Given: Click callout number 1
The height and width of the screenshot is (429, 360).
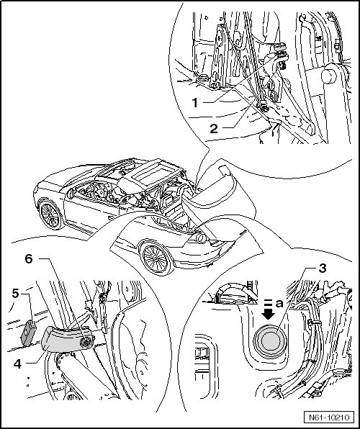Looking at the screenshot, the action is point(195,103).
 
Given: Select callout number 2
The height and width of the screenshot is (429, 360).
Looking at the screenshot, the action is point(214,129).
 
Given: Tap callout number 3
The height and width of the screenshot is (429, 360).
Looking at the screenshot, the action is point(323,268).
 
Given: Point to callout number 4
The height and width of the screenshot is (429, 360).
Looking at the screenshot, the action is point(17,364).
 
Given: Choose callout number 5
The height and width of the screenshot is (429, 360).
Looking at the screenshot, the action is point(15,294).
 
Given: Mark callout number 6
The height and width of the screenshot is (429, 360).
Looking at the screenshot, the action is point(29,258).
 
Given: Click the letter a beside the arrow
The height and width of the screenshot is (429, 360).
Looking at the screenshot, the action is point(279,303).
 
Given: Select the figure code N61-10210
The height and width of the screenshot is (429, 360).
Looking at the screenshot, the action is point(329,417).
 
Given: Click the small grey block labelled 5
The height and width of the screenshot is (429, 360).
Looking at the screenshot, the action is point(29,333).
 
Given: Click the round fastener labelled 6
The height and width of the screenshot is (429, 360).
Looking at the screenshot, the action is point(86,342).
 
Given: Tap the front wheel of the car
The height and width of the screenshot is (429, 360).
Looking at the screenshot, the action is point(50,214).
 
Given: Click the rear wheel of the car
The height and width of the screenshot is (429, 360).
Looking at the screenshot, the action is point(155,258).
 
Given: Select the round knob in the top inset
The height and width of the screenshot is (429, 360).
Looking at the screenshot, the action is point(329,73).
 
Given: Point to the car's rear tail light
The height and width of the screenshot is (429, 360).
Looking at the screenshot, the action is point(201,238).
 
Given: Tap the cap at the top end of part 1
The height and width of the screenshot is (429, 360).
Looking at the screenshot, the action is point(279,46).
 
